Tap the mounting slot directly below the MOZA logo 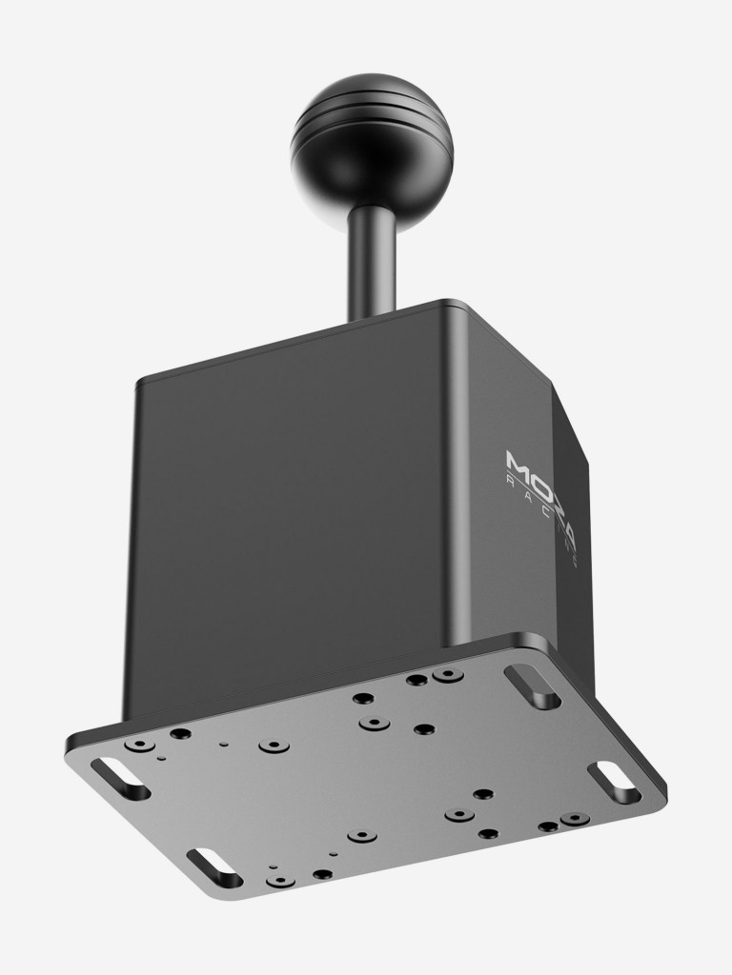coord(532,686)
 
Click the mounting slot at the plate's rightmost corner coord(614,782)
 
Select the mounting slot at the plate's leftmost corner coord(121,777)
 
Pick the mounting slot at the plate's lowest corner coord(213,867)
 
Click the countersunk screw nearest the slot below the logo coord(447,675)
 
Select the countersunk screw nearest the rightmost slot coord(573,819)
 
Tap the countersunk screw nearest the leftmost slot coord(142,744)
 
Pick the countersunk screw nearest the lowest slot coord(279,880)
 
